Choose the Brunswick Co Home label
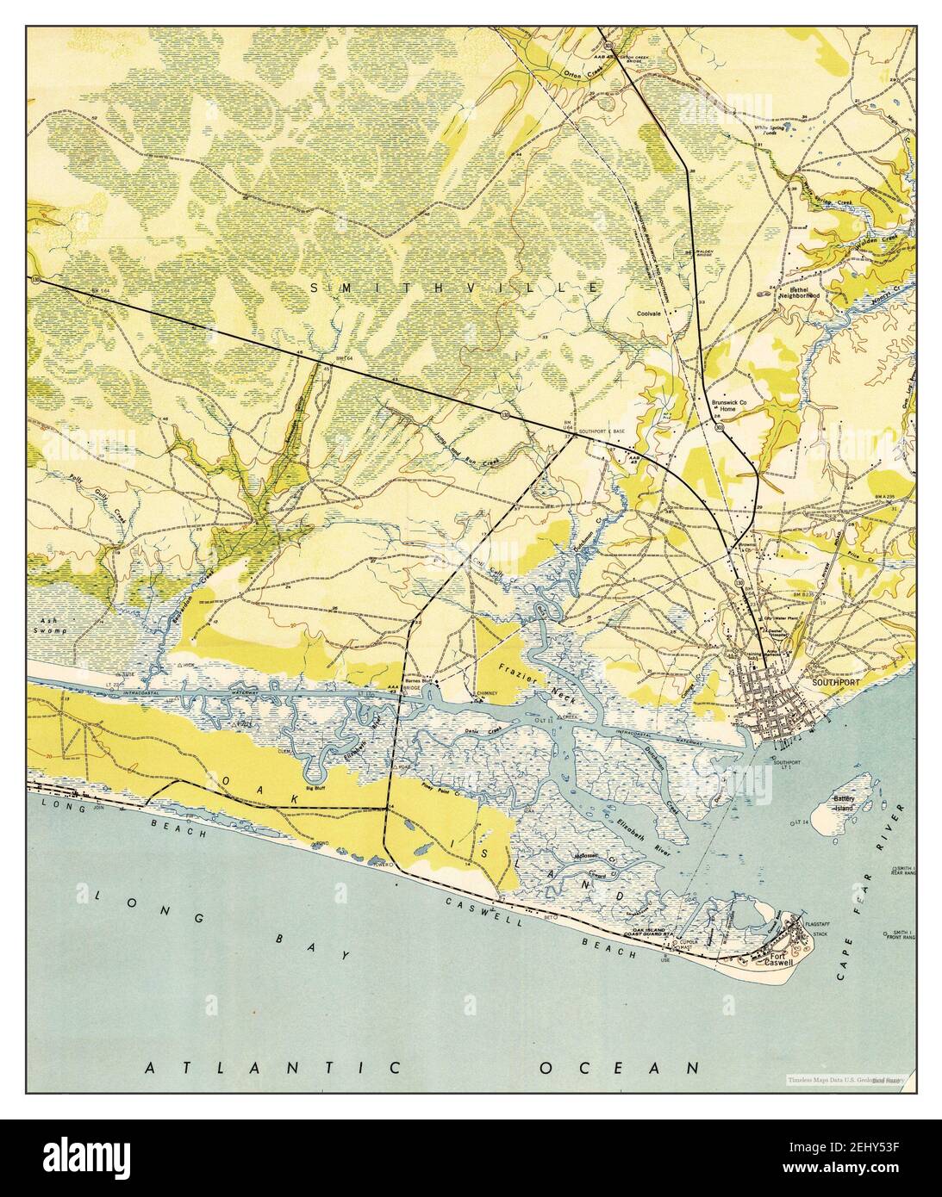pyautogui.click(x=723, y=406)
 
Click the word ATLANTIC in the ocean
pyautogui.click(x=274, y=1069)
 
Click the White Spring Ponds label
pyautogui.click(x=773, y=132)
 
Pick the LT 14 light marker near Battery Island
pyautogui.click(x=799, y=824)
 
